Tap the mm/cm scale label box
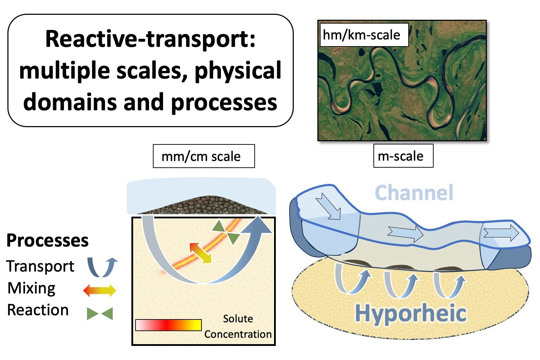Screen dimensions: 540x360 pyautogui.click(x=204, y=156)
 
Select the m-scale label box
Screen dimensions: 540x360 pyautogui.click(x=403, y=156)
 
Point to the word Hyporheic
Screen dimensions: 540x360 pyautogui.click(x=411, y=314)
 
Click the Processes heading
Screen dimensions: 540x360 pyautogui.click(x=48, y=241)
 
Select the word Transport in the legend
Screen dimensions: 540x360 pyautogui.click(x=40, y=266)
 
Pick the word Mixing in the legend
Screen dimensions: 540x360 pyautogui.click(x=31, y=288)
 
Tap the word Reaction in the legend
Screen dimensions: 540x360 pyautogui.click(x=38, y=310)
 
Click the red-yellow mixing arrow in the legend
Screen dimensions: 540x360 pyautogui.click(x=100, y=290)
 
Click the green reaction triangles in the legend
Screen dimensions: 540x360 pyautogui.click(x=100, y=314)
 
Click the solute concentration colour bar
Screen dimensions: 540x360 pyautogui.click(x=168, y=325)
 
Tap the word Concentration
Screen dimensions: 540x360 pyautogui.click(x=238, y=334)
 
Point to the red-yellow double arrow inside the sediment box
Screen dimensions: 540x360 pyautogui.click(x=200, y=253)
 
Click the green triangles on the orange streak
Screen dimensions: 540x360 pyautogui.click(x=226, y=232)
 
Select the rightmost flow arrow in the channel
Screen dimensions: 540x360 pyautogui.click(x=501, y=233)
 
